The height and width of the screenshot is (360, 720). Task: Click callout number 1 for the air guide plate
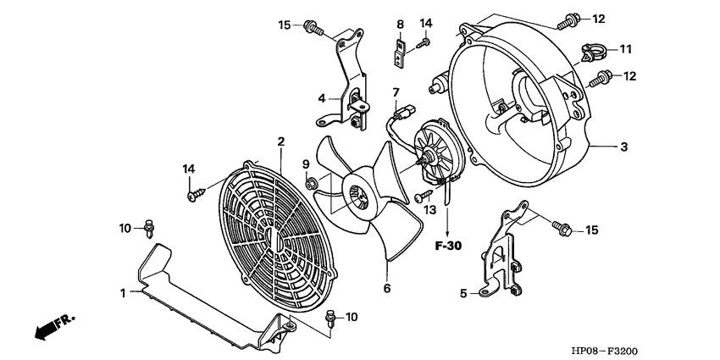[123, 293]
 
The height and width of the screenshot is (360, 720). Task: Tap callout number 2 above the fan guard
[280, 141]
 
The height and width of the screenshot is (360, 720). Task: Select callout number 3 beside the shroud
[623, 147]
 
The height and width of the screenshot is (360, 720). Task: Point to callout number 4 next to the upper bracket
[322, 98]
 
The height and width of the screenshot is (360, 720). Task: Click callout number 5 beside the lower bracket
[463, 294]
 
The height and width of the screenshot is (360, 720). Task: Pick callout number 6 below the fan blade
[386, 288]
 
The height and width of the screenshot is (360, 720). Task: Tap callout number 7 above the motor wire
[395, 91]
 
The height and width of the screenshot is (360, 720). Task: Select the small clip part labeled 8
[397, 53]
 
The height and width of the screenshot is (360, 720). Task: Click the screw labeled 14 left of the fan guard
[192, 195]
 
